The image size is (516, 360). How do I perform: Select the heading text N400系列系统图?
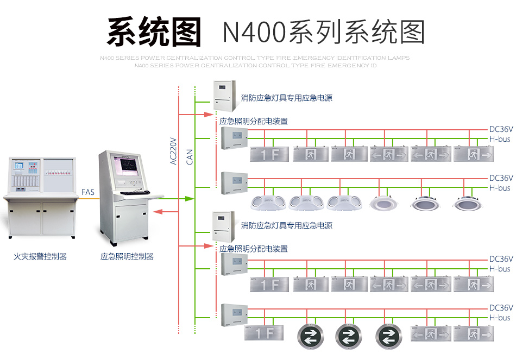tap(323, 33)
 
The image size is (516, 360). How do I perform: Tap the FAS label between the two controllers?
tap(87, 192)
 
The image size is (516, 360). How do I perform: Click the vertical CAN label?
tap(190, 157)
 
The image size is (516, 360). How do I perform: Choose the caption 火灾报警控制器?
tap(40, 256)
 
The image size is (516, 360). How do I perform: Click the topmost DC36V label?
tap(501, 130)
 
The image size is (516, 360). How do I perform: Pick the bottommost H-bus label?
tap(500, 318)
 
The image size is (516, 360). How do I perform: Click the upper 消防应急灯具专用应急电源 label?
tap(287, 98)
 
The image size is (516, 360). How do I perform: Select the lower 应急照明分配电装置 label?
tap(253, 249)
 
